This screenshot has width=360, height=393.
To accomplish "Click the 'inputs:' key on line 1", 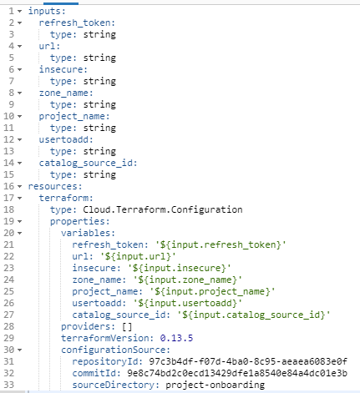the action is click(47, 11).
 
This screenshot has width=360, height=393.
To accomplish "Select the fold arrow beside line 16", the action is click(19, 186).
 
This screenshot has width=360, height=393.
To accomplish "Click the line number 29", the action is click(8, 338).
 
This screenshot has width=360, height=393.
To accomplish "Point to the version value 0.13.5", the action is click(176, 338).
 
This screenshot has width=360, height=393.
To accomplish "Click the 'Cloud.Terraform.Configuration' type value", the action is click(163, 209).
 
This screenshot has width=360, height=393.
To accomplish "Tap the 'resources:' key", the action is click(55, 186).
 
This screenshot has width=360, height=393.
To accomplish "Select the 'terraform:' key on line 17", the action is click(66, 198).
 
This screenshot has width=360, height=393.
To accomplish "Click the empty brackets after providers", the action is click(127, 326).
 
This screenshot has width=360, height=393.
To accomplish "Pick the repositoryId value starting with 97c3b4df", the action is click(248, 361).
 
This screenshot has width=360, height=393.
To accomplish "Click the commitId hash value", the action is click(237, 373).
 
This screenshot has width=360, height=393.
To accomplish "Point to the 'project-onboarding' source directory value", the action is click(215, 385).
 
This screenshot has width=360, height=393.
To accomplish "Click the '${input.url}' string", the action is click(138, 256).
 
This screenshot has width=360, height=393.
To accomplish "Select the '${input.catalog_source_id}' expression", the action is click(254, 315).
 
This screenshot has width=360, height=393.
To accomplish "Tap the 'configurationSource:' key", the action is click(115, 350).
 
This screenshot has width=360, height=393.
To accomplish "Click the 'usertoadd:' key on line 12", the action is click(66, 139).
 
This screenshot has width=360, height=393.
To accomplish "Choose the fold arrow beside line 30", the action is click(19, 350).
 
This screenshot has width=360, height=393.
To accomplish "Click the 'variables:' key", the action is click(88, 233).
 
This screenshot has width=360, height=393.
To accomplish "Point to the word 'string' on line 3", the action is click(99, 34).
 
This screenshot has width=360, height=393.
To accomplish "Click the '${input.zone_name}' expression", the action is click(187, 280).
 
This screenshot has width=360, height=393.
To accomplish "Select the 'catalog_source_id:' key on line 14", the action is click(88, 163).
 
